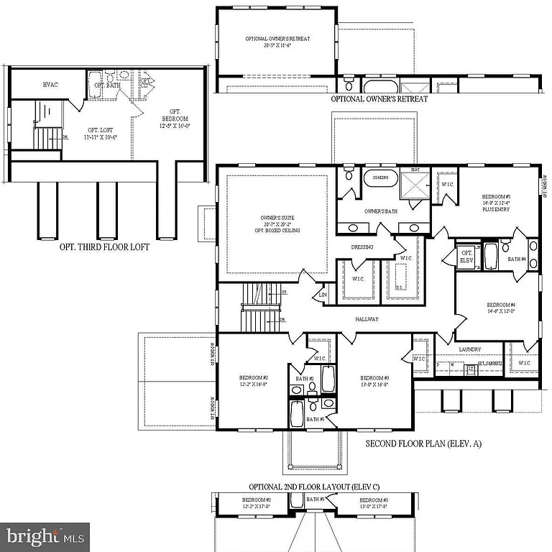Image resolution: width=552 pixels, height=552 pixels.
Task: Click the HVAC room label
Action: tap(50, 85)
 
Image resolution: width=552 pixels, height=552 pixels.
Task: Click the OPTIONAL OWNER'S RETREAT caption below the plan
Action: tap(379, 98)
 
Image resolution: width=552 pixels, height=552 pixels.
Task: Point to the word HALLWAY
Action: tap(367, 319)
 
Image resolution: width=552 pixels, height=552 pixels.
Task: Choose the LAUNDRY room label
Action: tap(469, 349)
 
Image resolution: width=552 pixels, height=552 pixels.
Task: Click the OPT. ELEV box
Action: tap(466, 257)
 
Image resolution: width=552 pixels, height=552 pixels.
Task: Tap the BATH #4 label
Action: tap(517, 259)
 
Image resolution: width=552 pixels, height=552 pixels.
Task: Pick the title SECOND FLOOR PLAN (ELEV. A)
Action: tap(423, 444)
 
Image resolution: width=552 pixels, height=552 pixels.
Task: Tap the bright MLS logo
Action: tap(45, 536)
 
